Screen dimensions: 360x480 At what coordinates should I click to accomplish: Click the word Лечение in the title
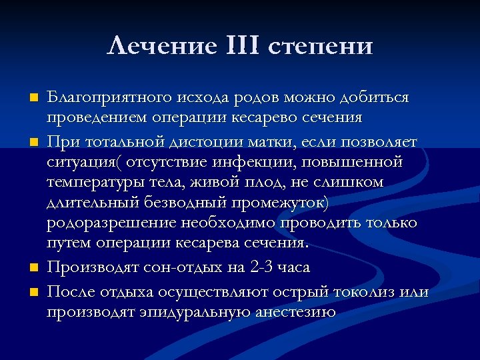[x=160, y=47]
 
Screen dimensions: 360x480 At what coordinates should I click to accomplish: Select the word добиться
[x=375, y=98]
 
